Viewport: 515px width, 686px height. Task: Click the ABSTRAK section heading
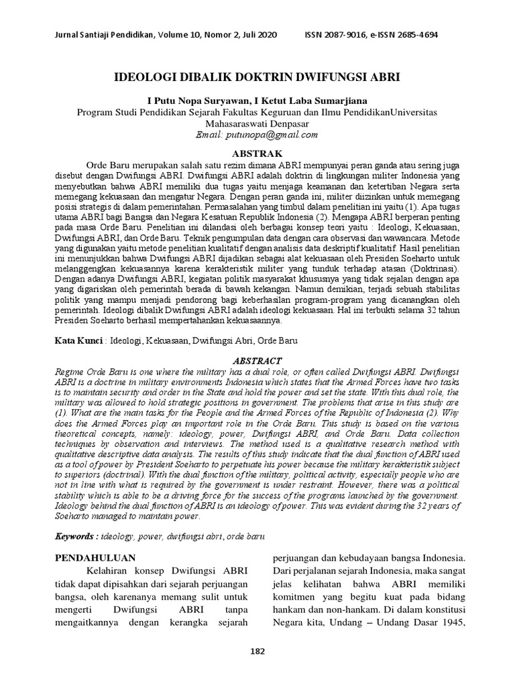click(x=257, y=153)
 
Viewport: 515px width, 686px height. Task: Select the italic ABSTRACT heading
click(x=257, y=360)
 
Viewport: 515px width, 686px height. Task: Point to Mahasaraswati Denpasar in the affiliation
click(x=257, y=123)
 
